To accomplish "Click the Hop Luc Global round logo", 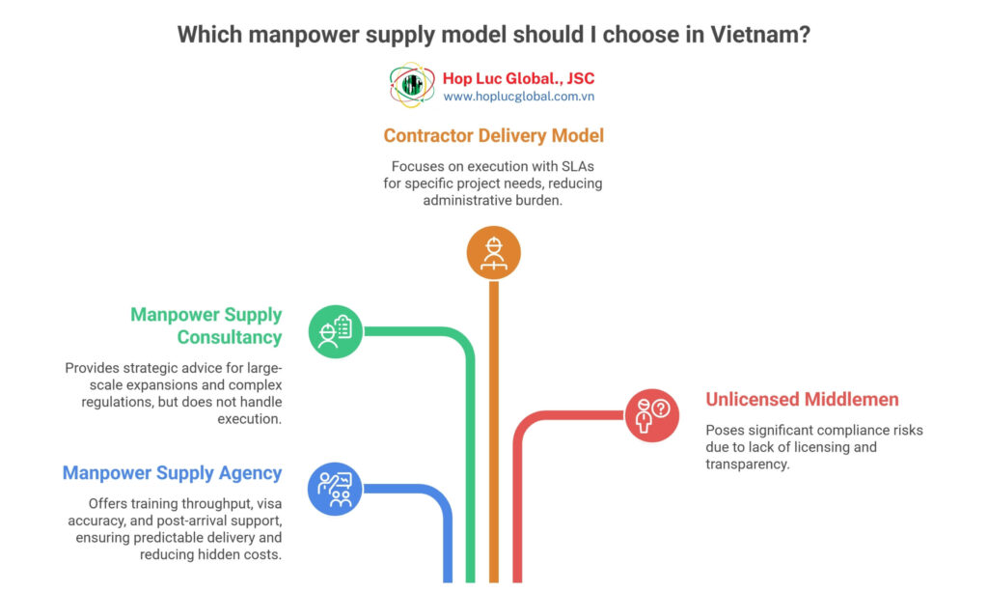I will coord(412,86).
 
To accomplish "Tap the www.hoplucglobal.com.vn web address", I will coord(518,97).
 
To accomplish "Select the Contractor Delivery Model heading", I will coord(493,135).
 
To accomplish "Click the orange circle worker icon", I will coord(493,253).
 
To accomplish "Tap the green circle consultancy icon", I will coord(335,331).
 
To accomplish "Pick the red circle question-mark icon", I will coord(651,415).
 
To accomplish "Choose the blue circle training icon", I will coord(335,488).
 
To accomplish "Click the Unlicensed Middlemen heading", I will coord(802,399).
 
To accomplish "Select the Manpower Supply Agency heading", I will coord(172,473).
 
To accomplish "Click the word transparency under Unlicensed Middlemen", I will coord(749,465).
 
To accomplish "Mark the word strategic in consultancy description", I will coord(152,368).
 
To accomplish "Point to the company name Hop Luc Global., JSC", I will coord(518,78).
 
